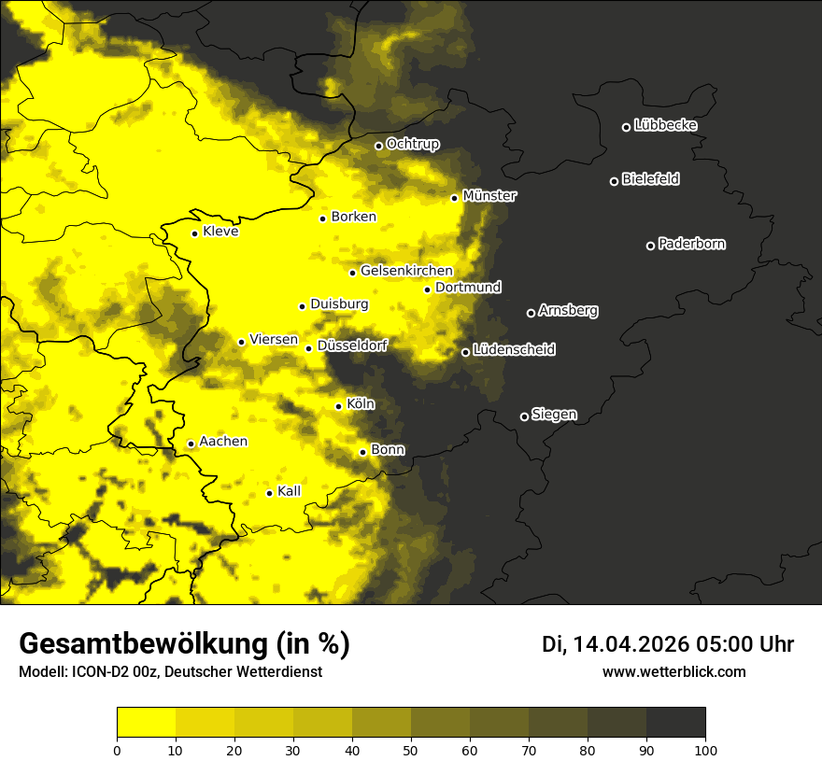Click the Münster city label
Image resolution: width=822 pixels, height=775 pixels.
[489, 196]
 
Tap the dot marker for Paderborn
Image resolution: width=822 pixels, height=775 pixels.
[651, 246]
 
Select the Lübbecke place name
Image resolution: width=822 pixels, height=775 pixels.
[665, 125]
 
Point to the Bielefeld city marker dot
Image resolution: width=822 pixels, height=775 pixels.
[615, 181]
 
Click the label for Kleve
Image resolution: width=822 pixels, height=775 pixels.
[220, 232]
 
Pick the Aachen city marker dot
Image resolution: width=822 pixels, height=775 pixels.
[191, 444]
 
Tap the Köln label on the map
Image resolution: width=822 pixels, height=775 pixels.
[360, 404]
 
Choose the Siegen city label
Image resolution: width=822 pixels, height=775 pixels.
[554, 415]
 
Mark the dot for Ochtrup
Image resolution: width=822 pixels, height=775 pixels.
[378, 146]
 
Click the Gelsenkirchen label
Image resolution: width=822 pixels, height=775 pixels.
[406, 271]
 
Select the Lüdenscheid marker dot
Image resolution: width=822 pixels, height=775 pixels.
[465, 352]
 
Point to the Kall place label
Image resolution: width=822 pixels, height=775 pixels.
[290, 491]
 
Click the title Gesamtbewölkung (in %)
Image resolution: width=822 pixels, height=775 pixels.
[184, 644]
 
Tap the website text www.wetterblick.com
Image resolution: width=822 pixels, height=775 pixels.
[673, 671]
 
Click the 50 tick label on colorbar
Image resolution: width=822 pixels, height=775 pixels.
[411, 749]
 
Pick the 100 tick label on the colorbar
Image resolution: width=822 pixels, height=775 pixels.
[704, 749]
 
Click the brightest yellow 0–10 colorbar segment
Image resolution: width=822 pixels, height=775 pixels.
[147, 723]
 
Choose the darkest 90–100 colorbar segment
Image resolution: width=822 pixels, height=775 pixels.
[675, 723]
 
